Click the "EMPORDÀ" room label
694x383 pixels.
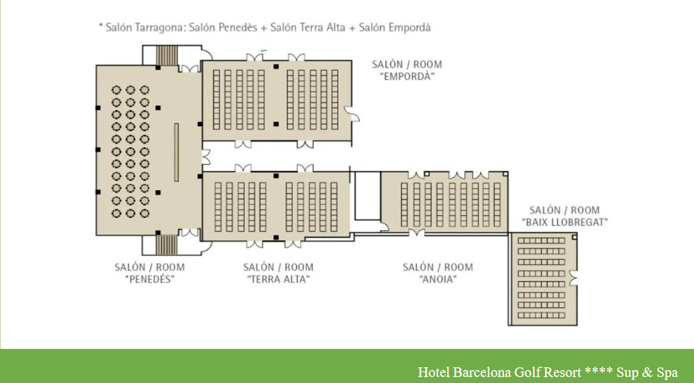pyautogui.click(x=408, y=76)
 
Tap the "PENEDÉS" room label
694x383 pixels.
pyautogui.click(x=150, y=280)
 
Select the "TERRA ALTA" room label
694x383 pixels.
pyautogui.click(x=278, y=280)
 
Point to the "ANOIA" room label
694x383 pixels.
pyautogui.click(x=438, y=280)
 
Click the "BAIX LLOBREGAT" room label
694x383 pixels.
pyautogui.click(x=564, y=222)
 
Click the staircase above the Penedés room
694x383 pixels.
pyautogui.click(x=167, y=55)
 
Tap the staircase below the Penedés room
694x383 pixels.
pyautogui.click(x=167, y=245)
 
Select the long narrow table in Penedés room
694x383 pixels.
pyautogui.click(x=176, y=153)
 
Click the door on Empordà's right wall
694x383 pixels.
pyautogui.click(x=353, y=114)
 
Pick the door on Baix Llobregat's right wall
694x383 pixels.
pyautogui.click(x=574, y=278)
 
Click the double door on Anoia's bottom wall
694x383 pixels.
pyautogui.click(x=416, y=233)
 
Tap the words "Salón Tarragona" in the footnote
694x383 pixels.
pyautogui.click(x=144, y=27)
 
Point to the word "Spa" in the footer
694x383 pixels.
pyautogui.click(x=666, y=371)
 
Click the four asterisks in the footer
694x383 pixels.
pyautogui.click(x=598, y=370)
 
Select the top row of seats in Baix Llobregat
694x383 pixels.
pyautogui.click(x=542, y=241)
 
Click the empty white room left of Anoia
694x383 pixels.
pyautogui.click(x=368, y=196)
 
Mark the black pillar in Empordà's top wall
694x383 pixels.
pyautogui.click(x=276, y=66)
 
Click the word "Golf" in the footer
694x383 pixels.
pyautogui.click(x=525, y=371)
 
